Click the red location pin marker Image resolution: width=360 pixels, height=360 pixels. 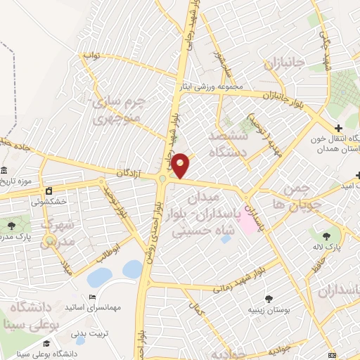coord(181,165)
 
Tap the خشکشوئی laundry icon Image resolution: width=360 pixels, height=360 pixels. coord(49,191)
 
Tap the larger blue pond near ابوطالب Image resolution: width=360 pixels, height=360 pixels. coord(131,269)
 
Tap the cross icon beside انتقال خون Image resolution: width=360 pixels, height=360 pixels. coord(339,128)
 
